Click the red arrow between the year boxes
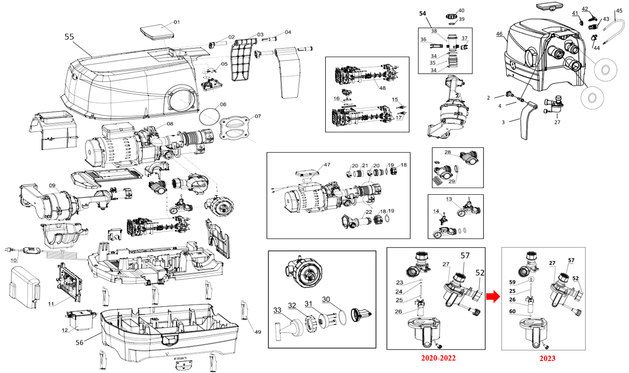click(x=493, y=297)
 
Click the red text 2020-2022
click(x=438, y=358)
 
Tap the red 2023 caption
click(x=547, y=358)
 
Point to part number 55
click(x=69, y=37)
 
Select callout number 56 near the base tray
click(x=80, y=342)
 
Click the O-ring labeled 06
click(x=210, y=116)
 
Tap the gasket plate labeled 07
click(x=234, y=128)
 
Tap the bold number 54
click(x=423, y=13)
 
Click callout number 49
click(x=258, y=332)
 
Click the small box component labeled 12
click(x=80, y=320)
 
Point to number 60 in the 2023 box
click(x=512, y=311)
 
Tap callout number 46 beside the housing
click(x=499, y=34)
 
